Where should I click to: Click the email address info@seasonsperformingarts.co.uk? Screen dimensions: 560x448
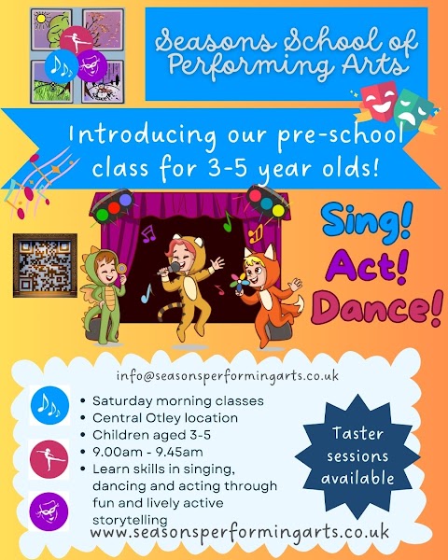pyautogui.click(x=228, y=375)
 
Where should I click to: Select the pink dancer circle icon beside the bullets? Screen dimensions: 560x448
pyautogui.click(x=49, y=457)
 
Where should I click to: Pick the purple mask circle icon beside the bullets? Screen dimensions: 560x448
pyautogui.click(x=49, y=511)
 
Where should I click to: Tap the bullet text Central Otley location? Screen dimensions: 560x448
pyautogui.click(x=165, y=416)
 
